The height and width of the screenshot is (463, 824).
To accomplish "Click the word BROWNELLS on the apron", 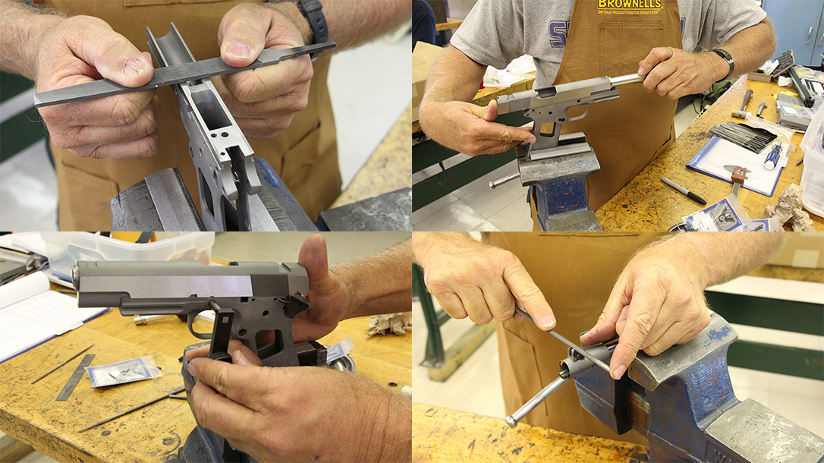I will pyautogui.click(x=629, y=5).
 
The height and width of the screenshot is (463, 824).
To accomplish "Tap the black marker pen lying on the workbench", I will pyautogui.click(x=683, y=191).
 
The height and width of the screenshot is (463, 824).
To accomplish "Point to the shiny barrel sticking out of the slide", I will pyautogui.click(x=627, y=79).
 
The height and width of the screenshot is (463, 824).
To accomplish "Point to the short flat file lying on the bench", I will pyautogui.click(x=76, y=376).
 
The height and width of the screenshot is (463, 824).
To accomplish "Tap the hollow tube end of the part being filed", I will pyautogui.click(x=567, y=369).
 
